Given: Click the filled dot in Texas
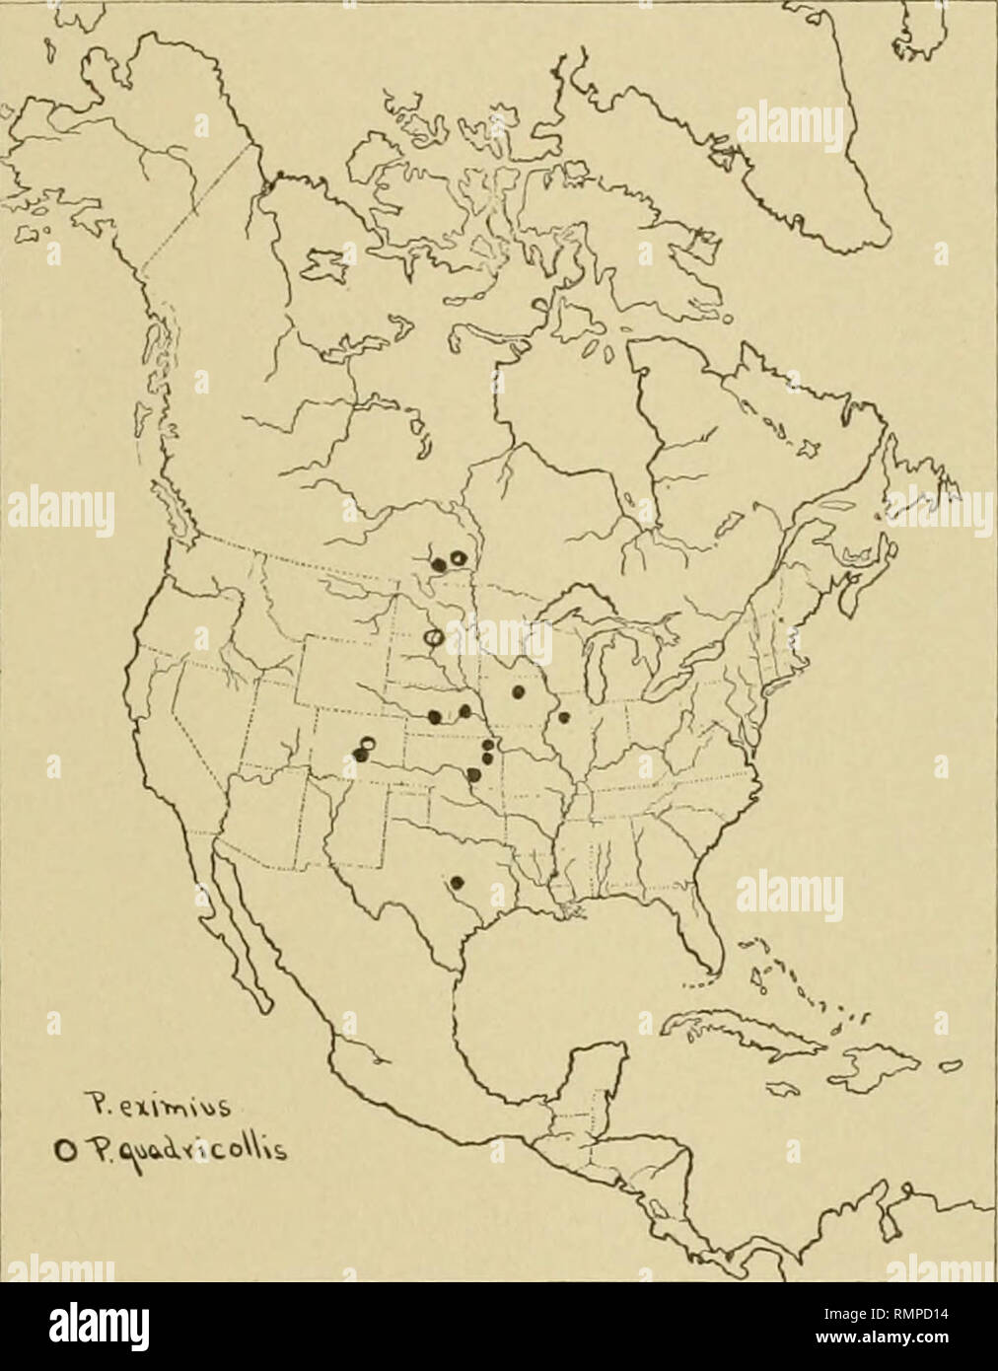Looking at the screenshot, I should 456,882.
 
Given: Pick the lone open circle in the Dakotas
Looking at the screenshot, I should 432,639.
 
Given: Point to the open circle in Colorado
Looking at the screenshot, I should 368,743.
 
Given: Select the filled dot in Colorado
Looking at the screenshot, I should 359,755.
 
